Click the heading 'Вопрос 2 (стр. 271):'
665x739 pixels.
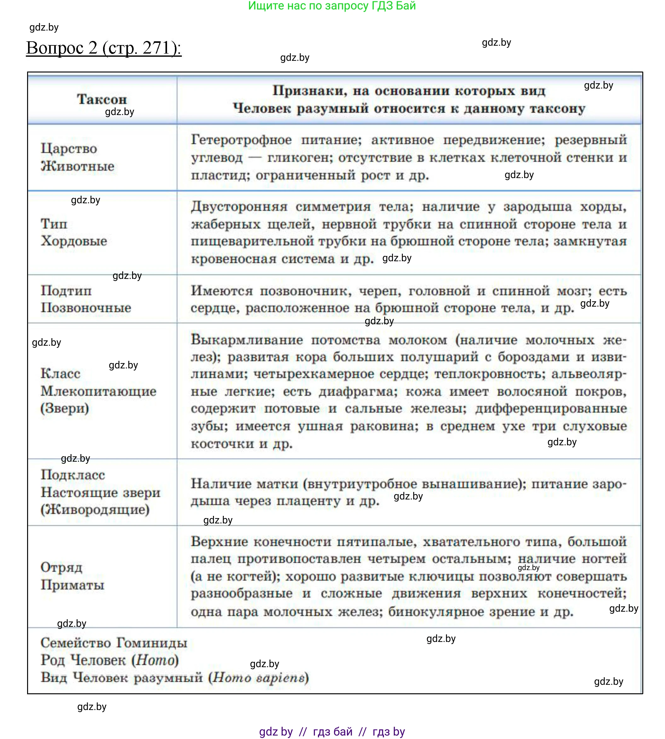[x=104, y=48]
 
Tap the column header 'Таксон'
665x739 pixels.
[x=102, y=99]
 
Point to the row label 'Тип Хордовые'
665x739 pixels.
[x=74, y=232]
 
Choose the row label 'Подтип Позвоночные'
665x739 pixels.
[x=86, y=299]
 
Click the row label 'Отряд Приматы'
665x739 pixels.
[x=72, y=576]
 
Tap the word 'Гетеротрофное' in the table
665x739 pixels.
[x=241, y=140]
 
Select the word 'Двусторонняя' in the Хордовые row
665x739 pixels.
[x=239, y=207]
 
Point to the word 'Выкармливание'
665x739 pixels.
[x=247, y=340]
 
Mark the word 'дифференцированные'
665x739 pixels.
[x=551, y=408]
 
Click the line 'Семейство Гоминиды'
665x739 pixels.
[x=114, y=643]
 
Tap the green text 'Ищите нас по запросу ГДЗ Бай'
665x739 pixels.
[x=332, y=6]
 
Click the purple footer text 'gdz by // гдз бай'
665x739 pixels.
[x=306, y=721]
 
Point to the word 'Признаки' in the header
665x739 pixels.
[x=309, y=91]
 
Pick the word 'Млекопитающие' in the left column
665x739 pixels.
[x=99, y=391]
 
